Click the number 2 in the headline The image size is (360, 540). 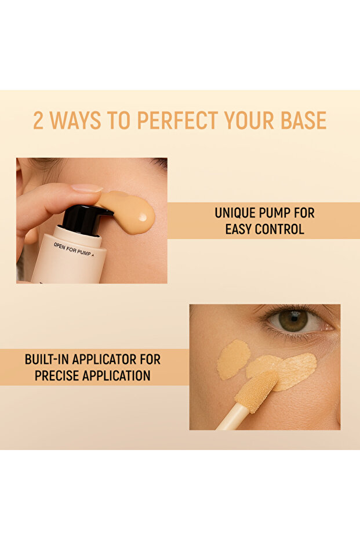click(38, 120)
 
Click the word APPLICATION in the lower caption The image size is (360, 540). click(119, 375)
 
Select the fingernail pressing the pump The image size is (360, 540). click(88, 188)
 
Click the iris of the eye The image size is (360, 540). click(293, 320)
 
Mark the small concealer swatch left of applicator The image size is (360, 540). click(233, 360)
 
